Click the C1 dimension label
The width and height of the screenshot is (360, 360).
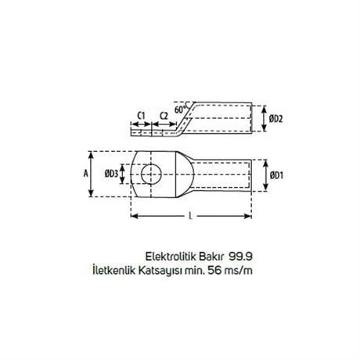coord(141,116)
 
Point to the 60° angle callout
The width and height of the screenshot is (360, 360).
coord(182,110)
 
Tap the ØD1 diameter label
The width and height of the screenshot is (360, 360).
coord(275,175)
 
